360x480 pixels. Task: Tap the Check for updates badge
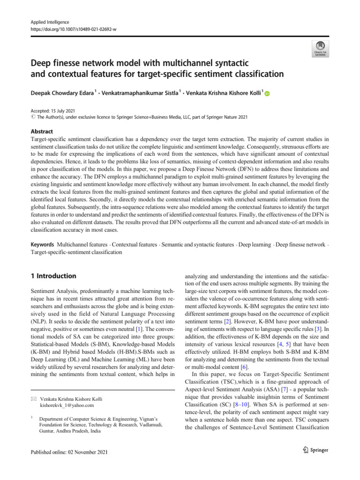pyautogui.click(x=320, y=48)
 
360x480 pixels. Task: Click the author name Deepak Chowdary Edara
pyautogui.click(x=68, y=93)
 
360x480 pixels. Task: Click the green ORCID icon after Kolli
pyautogui.click(x=268, y=94)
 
